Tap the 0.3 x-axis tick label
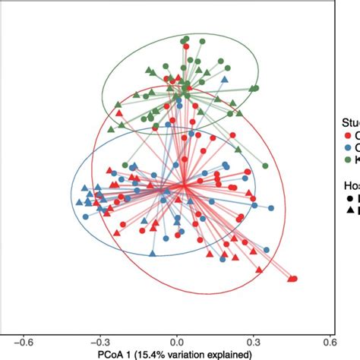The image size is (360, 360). coord(253,341)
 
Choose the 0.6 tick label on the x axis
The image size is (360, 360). coord(328,341)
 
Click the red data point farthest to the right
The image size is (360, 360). coord(294,279)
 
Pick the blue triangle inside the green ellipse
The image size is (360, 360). coord(224,79)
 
